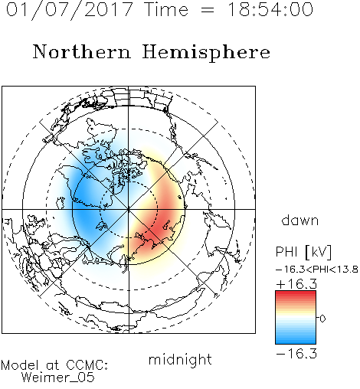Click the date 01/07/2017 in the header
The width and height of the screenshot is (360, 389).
point(70,10)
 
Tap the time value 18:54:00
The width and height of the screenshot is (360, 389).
point(270,9)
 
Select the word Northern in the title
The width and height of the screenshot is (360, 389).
point(82,52)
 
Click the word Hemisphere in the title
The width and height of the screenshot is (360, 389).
point(206,53)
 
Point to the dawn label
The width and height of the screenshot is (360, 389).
point(300,220)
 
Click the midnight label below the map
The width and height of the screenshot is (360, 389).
point(180,360)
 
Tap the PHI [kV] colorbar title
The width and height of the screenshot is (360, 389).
point(303,252)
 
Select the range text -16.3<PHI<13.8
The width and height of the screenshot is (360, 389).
point(317,270)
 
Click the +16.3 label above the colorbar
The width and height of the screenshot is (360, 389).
point(296,284)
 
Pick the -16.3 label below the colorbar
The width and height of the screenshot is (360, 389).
point(296,354)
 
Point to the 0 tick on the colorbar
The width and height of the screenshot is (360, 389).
point(322,319)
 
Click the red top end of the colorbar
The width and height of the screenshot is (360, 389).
point(296,293)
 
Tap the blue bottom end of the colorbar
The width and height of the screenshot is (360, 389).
point(296,342)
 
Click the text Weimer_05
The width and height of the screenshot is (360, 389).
point(58,378)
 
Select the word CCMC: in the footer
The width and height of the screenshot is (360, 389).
point(87,365)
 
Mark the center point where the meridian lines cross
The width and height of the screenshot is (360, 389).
point(129,209)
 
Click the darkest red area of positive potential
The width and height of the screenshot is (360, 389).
point(163,224)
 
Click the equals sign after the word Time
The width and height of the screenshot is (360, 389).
point(208,11)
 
